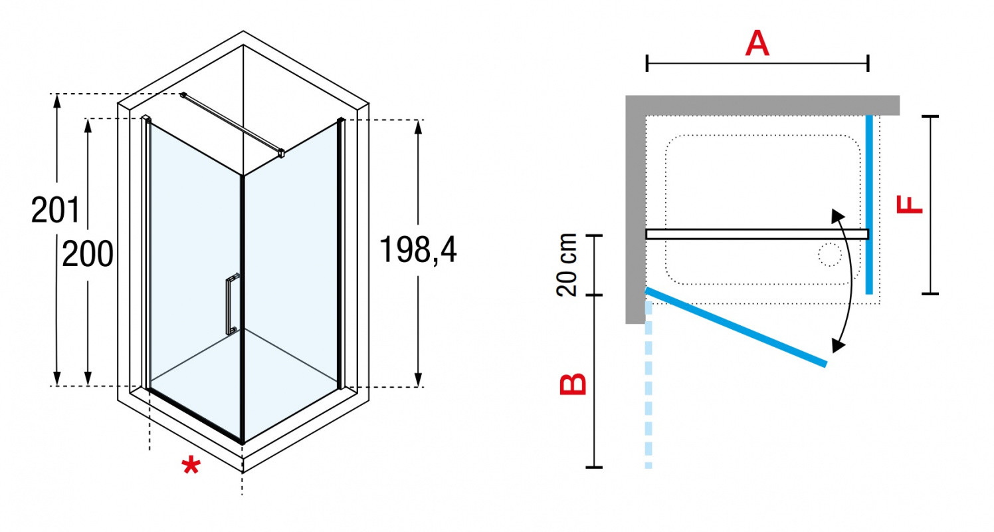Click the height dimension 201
[55, 209]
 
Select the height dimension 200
[88, 254]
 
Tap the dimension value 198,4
[417, 249]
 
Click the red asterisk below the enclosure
[191, 465]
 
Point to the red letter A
[757, 43]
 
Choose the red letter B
[573, 384]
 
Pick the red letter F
[909, 205]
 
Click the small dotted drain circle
[830, 255]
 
